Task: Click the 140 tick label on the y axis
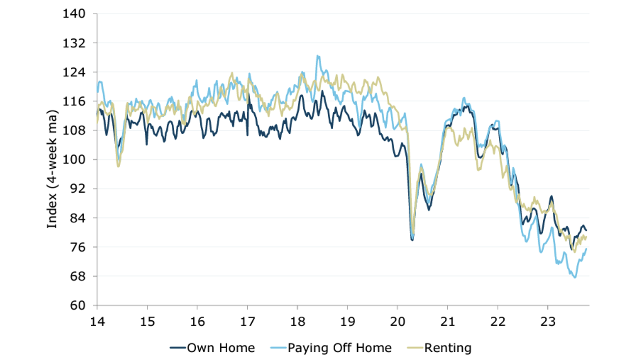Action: click(74, 14)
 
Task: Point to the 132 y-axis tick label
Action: click(74, 43)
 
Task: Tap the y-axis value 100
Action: click(74, 160)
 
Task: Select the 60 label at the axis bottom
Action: click(77, 305)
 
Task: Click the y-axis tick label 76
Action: click(77, 247)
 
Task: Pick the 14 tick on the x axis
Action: click(97, 322)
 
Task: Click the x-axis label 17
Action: click(247, 322)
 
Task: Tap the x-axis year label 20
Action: click(397, 322)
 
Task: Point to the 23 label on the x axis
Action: click(548, 322)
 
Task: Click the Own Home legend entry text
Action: click(221, 348)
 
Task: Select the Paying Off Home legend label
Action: click(339, 348)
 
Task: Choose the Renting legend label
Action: click(448, 348)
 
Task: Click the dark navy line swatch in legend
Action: click(178, 348)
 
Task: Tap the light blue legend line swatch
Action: click(278, 348)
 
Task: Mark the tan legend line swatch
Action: click(415, 348)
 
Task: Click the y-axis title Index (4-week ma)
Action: click(52, 169)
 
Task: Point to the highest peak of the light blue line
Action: click(318, 56)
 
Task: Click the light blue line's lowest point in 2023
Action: click(575, 277)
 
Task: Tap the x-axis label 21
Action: click(448, 322)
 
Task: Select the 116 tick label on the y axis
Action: click(74, 101)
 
